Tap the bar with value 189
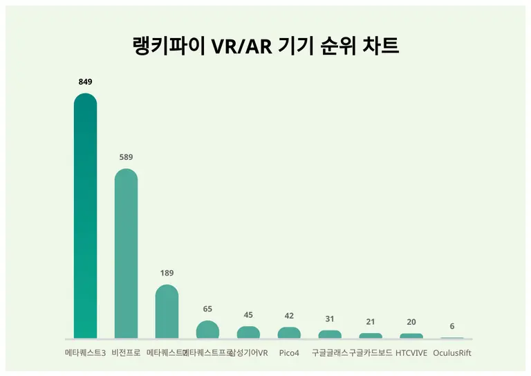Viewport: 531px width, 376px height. (x=167, y=312)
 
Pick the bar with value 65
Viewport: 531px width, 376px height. (x=207, y=330)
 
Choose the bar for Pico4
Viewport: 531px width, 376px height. (x=289, y=333)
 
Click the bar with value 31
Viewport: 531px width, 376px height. (x=330, y=334)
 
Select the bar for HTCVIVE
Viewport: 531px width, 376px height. (x=411, y=336)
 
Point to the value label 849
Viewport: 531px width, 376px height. (x=85, y=82)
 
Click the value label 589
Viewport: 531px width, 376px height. (x=126, y=157)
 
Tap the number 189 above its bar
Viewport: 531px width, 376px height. (x=167, y=273)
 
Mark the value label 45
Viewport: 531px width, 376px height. (x=248, y=315)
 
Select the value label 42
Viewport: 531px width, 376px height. (x=289, y=316)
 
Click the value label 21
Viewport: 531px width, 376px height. (x=371, y=322)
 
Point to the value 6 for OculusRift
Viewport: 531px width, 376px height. (x=452, y=326)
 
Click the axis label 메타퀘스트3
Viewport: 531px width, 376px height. (x=85, y=352)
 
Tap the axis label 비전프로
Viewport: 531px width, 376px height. (x=126, y=352)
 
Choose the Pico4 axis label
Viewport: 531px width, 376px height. (x=289, y=352)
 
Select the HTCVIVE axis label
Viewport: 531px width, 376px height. (x=411, y=352)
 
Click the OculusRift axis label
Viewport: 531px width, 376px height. (x=452, y=352)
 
